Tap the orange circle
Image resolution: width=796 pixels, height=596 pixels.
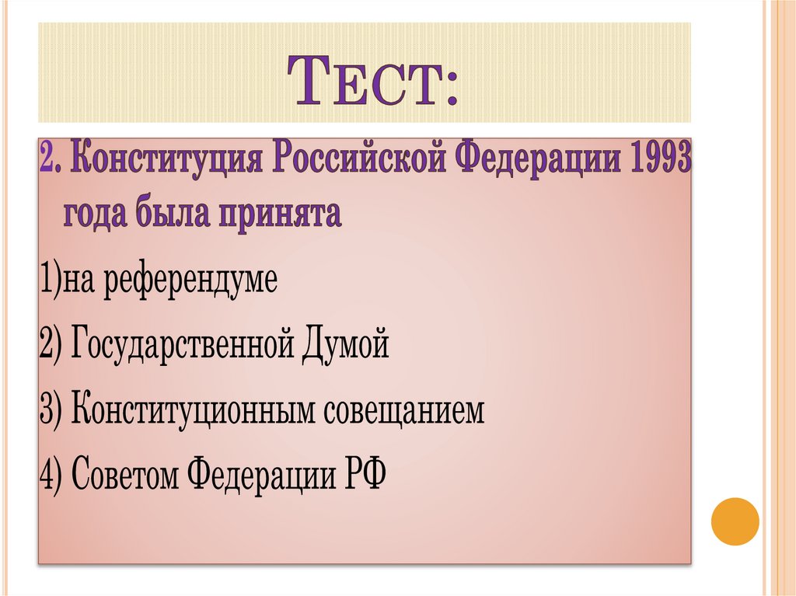click(x=735, y=521)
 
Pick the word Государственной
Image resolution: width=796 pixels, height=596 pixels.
click(x=180, y=344)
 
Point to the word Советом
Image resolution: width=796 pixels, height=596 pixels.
click(x=124, y=472)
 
